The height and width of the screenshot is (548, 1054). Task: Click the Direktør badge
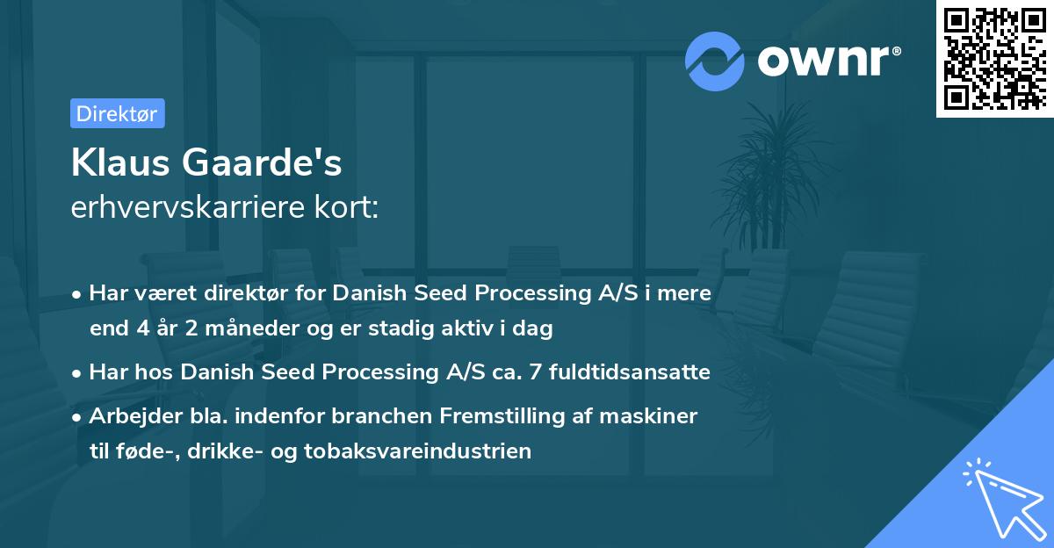click(117, 113)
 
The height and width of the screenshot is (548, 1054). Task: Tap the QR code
click(994, 59)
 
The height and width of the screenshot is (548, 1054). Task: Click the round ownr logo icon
click(715, 61)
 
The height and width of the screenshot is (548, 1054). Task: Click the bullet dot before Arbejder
click(78, 417)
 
